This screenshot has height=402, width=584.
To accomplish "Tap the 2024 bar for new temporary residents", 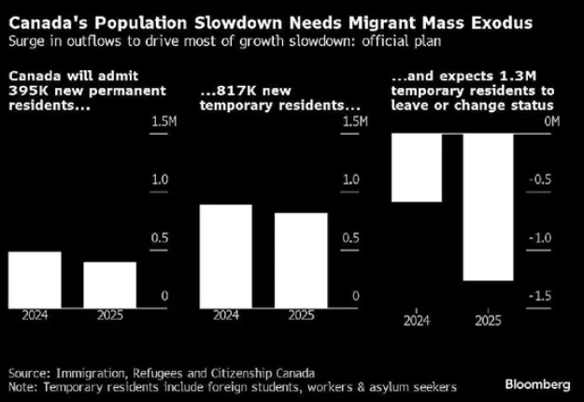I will point(226,253).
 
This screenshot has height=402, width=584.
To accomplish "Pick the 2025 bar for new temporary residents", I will point(301,258).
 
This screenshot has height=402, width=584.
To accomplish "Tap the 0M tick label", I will point(551,122).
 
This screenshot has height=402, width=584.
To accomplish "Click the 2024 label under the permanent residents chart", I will point(35,315).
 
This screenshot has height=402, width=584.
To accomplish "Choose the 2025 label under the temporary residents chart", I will point(301,315).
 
